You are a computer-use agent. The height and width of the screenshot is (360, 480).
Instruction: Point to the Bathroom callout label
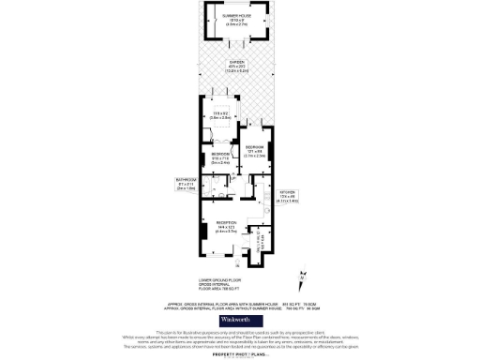(186, 179)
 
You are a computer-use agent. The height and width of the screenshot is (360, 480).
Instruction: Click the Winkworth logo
(240, 320)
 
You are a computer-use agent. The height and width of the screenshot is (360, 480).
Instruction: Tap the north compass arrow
(301, 277)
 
